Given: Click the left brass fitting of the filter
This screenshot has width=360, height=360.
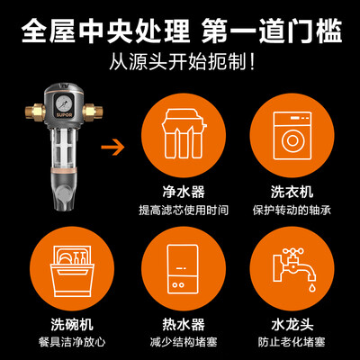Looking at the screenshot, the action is point(35,112).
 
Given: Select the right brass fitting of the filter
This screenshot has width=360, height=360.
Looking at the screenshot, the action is point(93,112).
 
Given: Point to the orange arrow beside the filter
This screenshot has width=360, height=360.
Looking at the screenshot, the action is point(113,147).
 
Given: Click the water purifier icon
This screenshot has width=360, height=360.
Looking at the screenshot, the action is point(184,134).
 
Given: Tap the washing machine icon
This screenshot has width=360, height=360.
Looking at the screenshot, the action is point(292,136).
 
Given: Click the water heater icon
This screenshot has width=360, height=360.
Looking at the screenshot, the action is point(183,269).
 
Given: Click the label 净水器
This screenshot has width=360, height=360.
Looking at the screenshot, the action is point(184,192).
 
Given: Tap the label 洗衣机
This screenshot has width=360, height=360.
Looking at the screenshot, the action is point(292,192).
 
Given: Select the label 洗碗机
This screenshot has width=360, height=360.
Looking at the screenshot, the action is point(72,324).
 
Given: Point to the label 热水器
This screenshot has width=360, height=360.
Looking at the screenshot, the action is point(184,324).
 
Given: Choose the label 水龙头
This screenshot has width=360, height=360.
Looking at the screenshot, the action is point(292,324).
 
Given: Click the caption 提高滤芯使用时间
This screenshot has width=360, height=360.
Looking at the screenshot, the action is point(184,210).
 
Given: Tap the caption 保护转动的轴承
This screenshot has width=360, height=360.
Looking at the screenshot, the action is point(292,210).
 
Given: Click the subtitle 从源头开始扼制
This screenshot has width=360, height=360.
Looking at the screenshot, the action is point(183,61).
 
